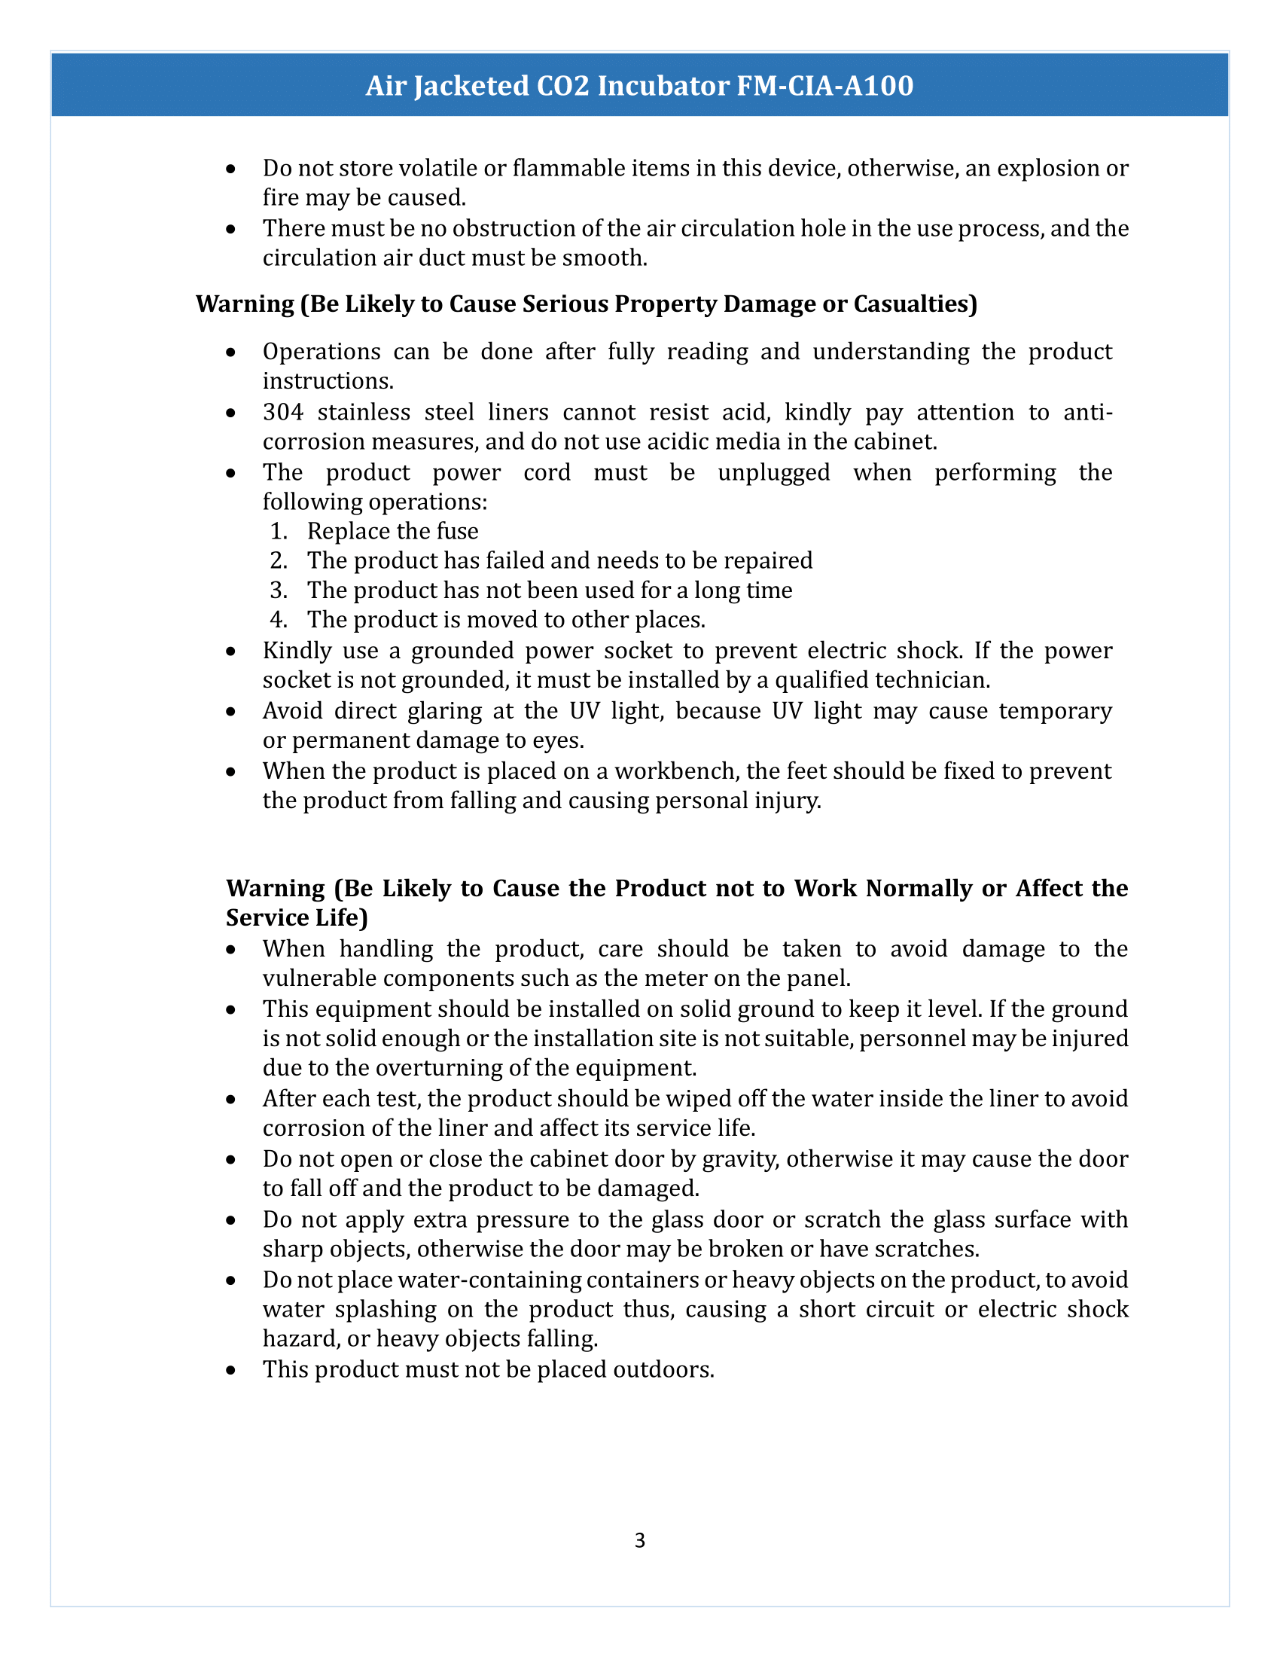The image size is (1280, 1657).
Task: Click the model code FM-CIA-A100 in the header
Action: coord(825,86)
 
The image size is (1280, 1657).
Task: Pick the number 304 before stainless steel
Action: coord(283,412)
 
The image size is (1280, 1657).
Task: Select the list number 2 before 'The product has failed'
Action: coord(279,560)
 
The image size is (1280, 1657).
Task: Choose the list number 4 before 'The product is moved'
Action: coord(279,620)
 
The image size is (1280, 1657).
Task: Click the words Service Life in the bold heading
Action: coord(297,918)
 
